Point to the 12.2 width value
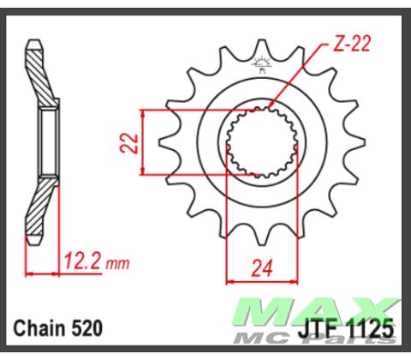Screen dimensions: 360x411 [80, 260]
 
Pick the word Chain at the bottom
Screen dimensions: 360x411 [39, 328]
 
